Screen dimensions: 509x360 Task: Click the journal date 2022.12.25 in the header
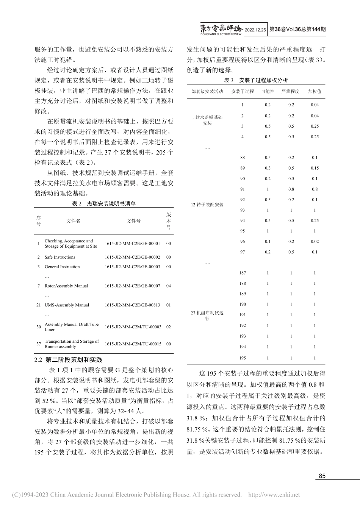255,29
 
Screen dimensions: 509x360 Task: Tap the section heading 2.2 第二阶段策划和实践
68,359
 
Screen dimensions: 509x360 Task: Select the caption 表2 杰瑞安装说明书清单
104,203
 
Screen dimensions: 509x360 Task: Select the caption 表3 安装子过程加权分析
256,80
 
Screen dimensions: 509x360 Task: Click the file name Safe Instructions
60,257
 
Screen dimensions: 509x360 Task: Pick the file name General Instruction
62,267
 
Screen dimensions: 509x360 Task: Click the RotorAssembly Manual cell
66,286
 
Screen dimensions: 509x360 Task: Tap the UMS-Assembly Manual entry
67,305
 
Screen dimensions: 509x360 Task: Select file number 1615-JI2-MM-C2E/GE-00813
133,305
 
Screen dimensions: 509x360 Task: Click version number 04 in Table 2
169,286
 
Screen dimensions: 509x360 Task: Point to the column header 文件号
133,221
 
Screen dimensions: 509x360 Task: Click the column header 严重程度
291,91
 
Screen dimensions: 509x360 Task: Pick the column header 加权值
315,91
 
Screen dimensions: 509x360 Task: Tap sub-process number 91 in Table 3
243,189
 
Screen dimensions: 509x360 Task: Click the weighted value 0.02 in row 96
315,241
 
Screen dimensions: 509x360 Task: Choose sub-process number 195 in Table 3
243,358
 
